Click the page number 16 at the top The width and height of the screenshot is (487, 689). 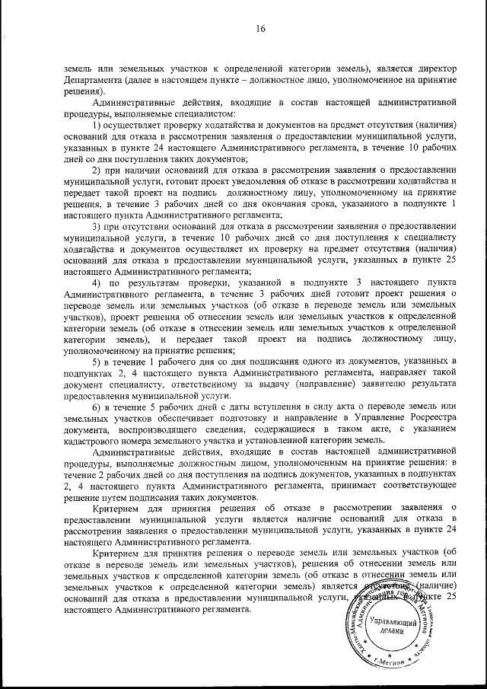click(260, 30)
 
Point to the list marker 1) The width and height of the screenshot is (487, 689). click(97, 124)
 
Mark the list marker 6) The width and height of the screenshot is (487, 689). click(97, 407)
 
